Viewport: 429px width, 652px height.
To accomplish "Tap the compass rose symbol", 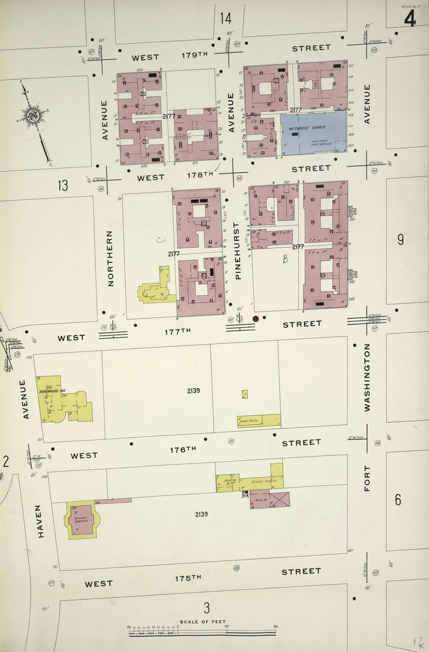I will (x=32, y=116).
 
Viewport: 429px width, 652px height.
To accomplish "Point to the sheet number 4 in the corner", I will (x=409, y=19).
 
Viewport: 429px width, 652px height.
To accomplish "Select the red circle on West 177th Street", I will (x=256, y=318).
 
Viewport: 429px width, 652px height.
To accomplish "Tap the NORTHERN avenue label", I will (x=110, y=258).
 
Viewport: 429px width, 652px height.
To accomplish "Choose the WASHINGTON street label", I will (x=367, y=377).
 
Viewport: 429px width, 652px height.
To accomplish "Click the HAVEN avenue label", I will (x=40, y=521).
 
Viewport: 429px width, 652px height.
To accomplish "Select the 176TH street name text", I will (x=182, y=450).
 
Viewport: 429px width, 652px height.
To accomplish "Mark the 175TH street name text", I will (x=188, y=578).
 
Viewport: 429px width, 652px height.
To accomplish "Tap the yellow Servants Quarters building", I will (x=82, y=520).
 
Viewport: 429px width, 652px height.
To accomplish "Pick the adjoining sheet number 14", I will (x=226, y=18).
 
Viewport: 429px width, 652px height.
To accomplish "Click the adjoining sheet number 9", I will (x=400, y=239).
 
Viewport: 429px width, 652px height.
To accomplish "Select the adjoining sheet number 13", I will (x=62, y=186).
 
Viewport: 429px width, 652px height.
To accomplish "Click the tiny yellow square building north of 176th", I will (x=245, y=394).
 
